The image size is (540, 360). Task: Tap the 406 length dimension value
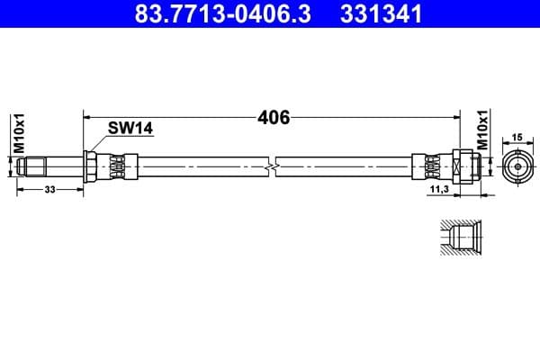(x=273, y=117)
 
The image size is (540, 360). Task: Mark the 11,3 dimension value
(x=439, y=190)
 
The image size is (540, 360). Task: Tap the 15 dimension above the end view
(x=517, y=137)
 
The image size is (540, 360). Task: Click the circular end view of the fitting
(x=517, y=166)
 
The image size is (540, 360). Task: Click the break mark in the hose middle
(x=272, y=166)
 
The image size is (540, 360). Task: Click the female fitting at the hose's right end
(x=464, y=166)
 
